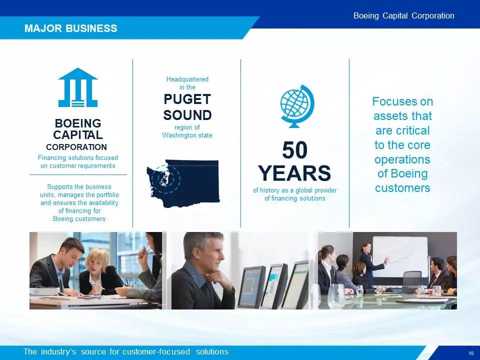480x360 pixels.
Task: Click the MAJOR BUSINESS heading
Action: click(x=70, y=28)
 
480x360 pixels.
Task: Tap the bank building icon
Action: click(x=78, y=87)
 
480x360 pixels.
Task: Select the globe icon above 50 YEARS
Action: click(x=297, y=106)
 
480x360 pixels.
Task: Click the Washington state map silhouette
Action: click(x=183, y=183)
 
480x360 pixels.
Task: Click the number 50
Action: click(x=294, y=150)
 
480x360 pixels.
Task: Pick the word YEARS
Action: click(x=294, y=173)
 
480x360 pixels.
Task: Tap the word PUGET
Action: click(x=187, y=99)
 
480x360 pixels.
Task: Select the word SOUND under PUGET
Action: click(x=187, y=115)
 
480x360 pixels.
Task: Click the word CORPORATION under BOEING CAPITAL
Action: click(x=76, y=147)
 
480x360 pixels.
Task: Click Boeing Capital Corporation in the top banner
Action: click(x=404, y=15)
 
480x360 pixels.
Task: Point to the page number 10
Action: click(x=471, y=353)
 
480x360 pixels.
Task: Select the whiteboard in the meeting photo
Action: click(x=400, y=257)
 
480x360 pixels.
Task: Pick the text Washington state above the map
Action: click(x=187, y=135)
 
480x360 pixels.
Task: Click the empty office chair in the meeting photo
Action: click(x=411, y=281)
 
